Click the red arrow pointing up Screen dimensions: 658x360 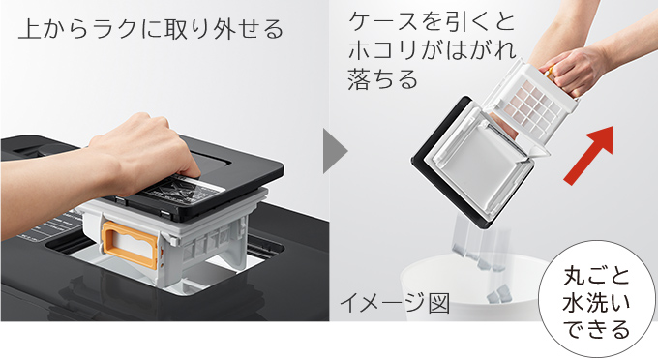tap(589, 155)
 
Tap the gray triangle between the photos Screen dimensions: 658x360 tap(335, 151)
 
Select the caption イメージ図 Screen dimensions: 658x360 tap(395, 302)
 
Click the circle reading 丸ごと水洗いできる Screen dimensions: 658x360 tap(596, 298)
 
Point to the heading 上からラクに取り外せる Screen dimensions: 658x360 tap(151, 28)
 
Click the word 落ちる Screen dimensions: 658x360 tap(383, 79)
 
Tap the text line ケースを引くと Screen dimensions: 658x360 tap(432, 22)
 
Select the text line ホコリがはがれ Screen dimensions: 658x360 tap(433, 50)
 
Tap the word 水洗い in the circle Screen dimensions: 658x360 tap(596, 303)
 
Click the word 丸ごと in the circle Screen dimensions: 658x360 tap(596, 276)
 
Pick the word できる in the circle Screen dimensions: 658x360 tap(596, 329)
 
